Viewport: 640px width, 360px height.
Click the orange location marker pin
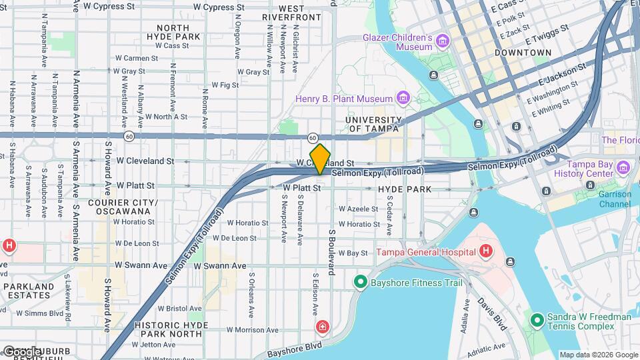click(x=320, y=159)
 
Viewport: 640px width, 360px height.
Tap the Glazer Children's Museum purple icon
click(x=442, y=43)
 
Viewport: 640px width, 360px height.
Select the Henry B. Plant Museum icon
click(x=402, y=99)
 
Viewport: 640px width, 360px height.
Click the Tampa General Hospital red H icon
click(x=485, y=251)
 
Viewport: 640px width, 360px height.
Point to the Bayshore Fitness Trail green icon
click(x=361, y=283)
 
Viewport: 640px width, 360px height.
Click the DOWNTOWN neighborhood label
click(x=523, y=52)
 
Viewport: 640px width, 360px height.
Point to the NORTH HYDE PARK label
click(x=173, y=32)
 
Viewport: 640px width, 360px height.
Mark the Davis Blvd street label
click(x=491, y=314)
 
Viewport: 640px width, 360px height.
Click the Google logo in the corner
click(x=21, y=351)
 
